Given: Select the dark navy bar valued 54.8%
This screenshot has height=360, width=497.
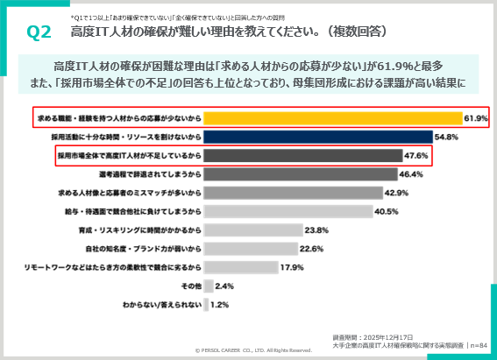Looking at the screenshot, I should [x=320, y=137].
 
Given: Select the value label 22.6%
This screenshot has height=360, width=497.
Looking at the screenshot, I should [x=312, y=249].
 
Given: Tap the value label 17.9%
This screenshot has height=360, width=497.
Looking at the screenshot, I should [x=291, y=267].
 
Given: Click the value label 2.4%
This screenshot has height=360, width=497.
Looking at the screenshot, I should [x=224, y=286].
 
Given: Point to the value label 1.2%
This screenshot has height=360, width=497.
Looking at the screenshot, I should [x=218, y=305].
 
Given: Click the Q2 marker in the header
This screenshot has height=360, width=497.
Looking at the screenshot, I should [x=39, y=32].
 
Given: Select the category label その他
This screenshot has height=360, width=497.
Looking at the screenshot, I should [x=191, y=286].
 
